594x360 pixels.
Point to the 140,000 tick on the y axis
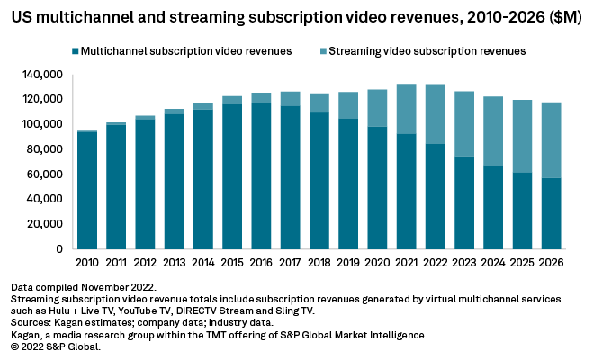pos(45,75)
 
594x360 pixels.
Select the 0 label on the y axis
pos(60,249)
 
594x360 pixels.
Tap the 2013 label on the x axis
pos(174,264)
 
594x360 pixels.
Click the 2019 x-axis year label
pos(346,264)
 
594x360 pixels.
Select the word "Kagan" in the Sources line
pos(74,320)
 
